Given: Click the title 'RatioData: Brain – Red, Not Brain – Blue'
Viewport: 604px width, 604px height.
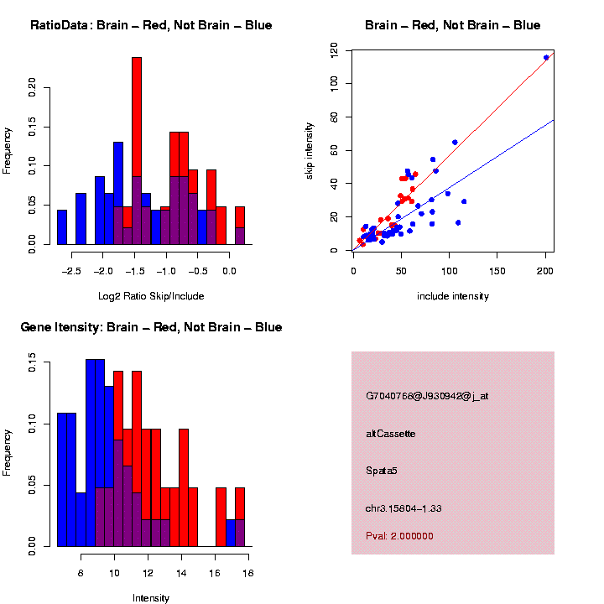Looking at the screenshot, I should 151,25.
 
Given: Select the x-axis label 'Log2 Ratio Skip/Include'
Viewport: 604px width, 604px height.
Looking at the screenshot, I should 151,295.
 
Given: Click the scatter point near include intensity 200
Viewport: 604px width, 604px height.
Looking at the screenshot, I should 546,58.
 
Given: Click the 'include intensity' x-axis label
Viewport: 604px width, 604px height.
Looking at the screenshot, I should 453,295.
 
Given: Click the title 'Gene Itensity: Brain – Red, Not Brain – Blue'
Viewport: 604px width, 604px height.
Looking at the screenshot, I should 151,327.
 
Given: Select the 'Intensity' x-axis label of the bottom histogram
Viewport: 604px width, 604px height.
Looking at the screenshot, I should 151,598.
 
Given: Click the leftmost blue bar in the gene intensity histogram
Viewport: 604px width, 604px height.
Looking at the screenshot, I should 66,478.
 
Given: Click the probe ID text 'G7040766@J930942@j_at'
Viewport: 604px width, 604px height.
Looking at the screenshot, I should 427,396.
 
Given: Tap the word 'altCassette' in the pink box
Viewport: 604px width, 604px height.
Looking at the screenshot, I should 391,434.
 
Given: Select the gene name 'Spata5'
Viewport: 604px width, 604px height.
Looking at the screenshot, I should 382,471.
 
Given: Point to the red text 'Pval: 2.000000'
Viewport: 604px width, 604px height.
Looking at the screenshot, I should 399,535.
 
